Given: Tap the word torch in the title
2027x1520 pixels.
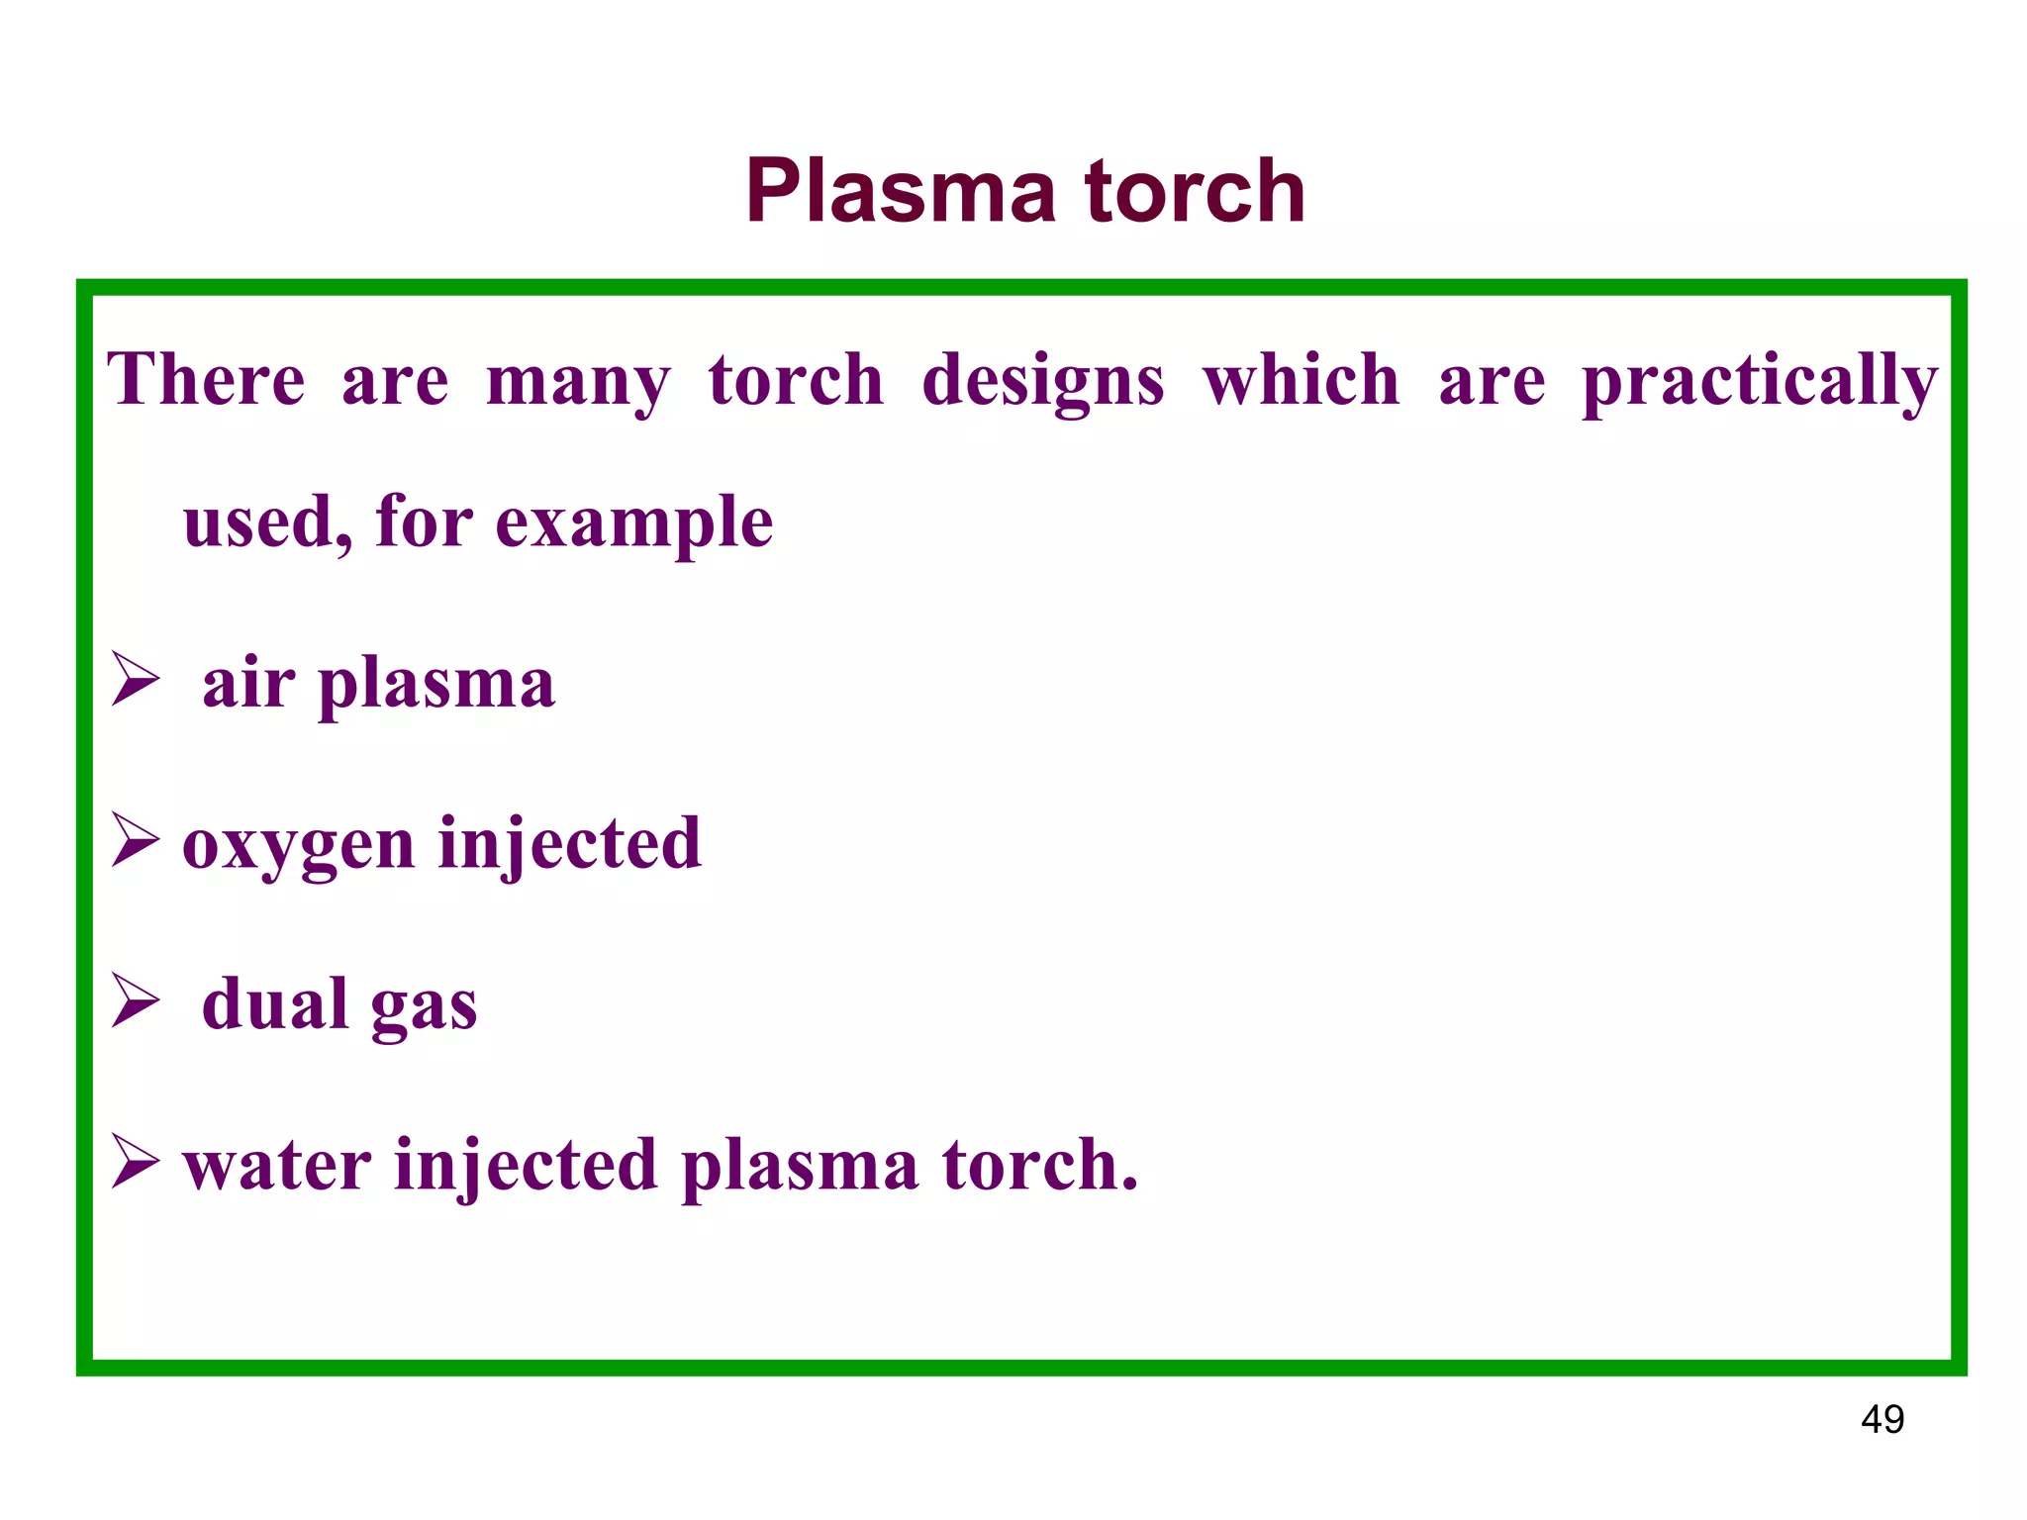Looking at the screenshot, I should pos(1195,192).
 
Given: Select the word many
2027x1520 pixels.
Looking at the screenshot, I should pos(578,383).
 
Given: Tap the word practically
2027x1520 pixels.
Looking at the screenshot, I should pos(1759,383).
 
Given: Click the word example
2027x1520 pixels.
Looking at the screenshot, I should pos(633,524).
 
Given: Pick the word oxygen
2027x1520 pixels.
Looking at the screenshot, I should pos(298,847).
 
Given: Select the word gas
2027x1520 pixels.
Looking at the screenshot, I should pos(424,1007).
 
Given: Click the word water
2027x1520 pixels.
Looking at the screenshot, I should pos(277,1166).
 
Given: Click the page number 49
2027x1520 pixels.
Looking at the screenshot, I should pos(1882,1420).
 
